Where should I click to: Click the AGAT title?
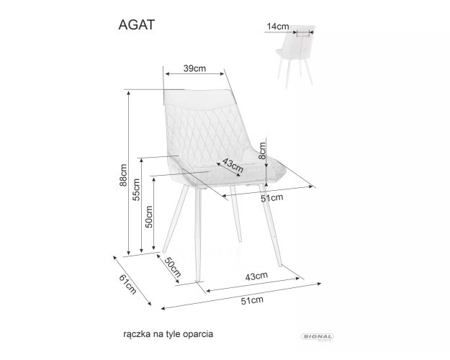coord(137,24)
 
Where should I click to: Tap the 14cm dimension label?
coord(278,27)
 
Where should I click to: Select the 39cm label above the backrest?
coord(194,68)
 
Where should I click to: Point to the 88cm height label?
coord(123,175)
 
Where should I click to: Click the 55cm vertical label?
coord(136,190)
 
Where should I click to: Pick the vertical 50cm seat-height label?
coord(149,217)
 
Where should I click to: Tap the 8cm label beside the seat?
coord(262,150)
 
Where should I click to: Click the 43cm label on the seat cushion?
coord(233,166)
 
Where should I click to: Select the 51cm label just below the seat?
coord(271,198)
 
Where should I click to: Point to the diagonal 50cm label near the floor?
coord(173,267)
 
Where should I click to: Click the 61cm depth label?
coord(127,284)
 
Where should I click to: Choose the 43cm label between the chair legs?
coord(256,276)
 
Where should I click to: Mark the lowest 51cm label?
coord(252,300)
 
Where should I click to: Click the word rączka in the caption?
coord(137,335)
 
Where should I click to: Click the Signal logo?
coord(317,337)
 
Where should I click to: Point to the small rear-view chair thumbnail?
coord(295,56)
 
